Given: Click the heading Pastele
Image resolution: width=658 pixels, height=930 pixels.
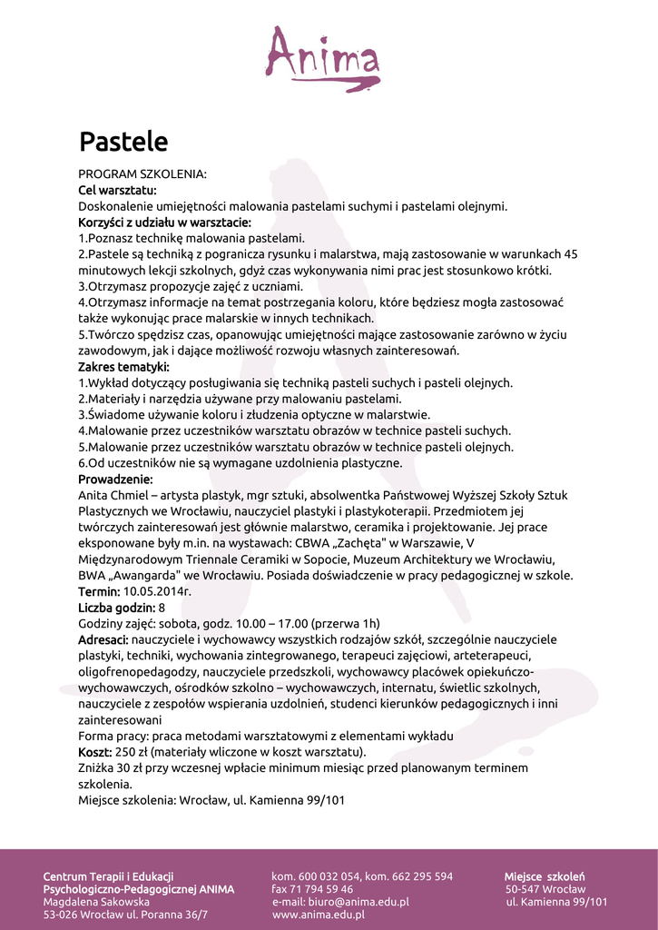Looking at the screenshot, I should coord(123,142).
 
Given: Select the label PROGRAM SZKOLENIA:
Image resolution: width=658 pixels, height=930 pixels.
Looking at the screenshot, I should coord(142,173).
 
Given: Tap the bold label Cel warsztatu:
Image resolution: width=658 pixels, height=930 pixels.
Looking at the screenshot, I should coord(117,190).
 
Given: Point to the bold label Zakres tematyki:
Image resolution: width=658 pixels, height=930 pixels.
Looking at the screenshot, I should coord(123,367).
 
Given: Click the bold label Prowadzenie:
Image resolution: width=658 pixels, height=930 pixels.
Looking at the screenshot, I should coord(115,479).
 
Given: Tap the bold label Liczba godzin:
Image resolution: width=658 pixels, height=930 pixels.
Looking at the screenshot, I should coord(116,608).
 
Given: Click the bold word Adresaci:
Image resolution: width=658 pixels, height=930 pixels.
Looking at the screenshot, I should coord(103,639).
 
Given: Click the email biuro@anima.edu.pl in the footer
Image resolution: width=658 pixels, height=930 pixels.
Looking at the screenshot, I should coord(358,902).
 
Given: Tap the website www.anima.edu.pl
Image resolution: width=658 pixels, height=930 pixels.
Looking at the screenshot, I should coord(319,915).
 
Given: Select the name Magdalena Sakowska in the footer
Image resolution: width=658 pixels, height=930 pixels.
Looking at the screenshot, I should coord(96,902).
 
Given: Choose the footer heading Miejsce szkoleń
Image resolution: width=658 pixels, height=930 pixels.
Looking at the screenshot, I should coord(545,876).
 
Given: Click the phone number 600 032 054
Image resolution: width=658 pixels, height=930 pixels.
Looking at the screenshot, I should coord(329,876).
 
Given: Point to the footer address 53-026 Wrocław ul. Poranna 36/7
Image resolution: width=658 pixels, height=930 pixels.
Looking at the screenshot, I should coord(125,915).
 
